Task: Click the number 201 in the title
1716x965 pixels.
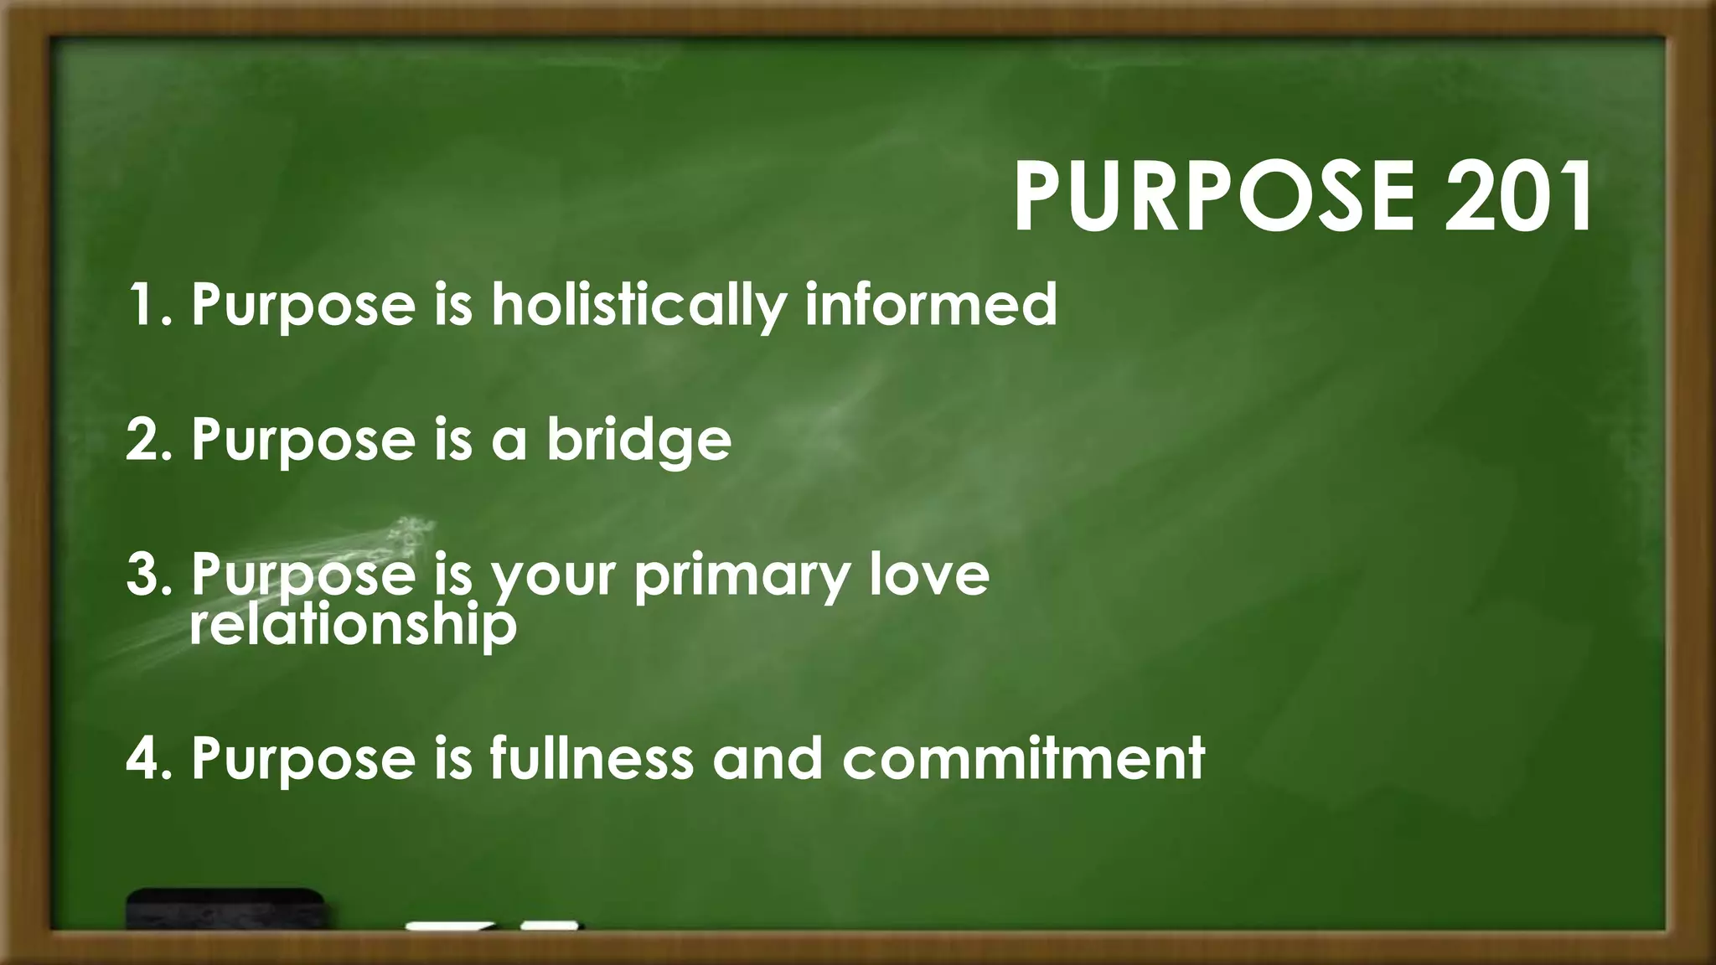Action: (x=1518, y=198)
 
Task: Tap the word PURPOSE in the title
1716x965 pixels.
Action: (x=1214, y=198)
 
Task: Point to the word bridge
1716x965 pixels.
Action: (x=638, y=440)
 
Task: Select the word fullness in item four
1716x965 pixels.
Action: (x=592, y=757)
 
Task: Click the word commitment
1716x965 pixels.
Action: (x=1023, y=757)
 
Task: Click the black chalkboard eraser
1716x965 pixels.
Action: (x=225, y=910)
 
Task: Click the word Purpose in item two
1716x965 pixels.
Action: (x=302, y=441)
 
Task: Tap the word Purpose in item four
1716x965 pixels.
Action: (x=302, y=759)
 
